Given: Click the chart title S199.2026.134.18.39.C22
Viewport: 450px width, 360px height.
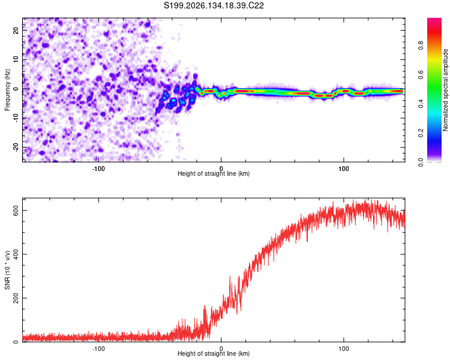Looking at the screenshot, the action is click(214, 5).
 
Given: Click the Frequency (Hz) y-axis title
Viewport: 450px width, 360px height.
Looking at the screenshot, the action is click(7, 90).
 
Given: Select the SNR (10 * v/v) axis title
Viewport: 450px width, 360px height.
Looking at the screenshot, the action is click(7, 270).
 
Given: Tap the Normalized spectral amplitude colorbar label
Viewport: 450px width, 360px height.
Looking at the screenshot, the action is click(445, 90).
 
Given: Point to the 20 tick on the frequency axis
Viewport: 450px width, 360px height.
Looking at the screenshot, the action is click(16, 30).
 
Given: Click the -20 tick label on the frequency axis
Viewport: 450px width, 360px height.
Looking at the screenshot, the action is click(16, 147).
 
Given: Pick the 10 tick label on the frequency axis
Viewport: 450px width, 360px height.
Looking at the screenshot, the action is click(16, 59).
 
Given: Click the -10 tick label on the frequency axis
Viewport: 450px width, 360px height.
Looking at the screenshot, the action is click(16, 118).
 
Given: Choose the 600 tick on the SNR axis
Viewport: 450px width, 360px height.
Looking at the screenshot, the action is click(16, 211).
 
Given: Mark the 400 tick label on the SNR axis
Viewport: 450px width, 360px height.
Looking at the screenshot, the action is click(16, 254).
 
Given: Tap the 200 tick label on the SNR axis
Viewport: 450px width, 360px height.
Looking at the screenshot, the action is click(16, 298).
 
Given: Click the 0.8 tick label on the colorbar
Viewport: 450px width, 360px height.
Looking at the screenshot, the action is click(421, 46).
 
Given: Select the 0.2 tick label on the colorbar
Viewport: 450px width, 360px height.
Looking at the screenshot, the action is click(421, 133).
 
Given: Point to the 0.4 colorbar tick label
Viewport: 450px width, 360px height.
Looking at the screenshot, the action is click(421, 104).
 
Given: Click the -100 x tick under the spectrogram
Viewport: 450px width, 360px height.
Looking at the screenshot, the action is click(98, 169).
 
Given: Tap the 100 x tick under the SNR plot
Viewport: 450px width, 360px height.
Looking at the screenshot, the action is click(344, 349).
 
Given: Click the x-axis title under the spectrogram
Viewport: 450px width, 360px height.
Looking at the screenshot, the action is click(214, 173).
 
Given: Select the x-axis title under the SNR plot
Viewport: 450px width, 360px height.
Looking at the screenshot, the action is click(214, 353).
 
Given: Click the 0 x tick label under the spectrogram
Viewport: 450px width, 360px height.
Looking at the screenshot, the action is click(221, 169).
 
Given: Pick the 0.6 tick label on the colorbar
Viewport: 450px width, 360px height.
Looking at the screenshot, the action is click(421, 74).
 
